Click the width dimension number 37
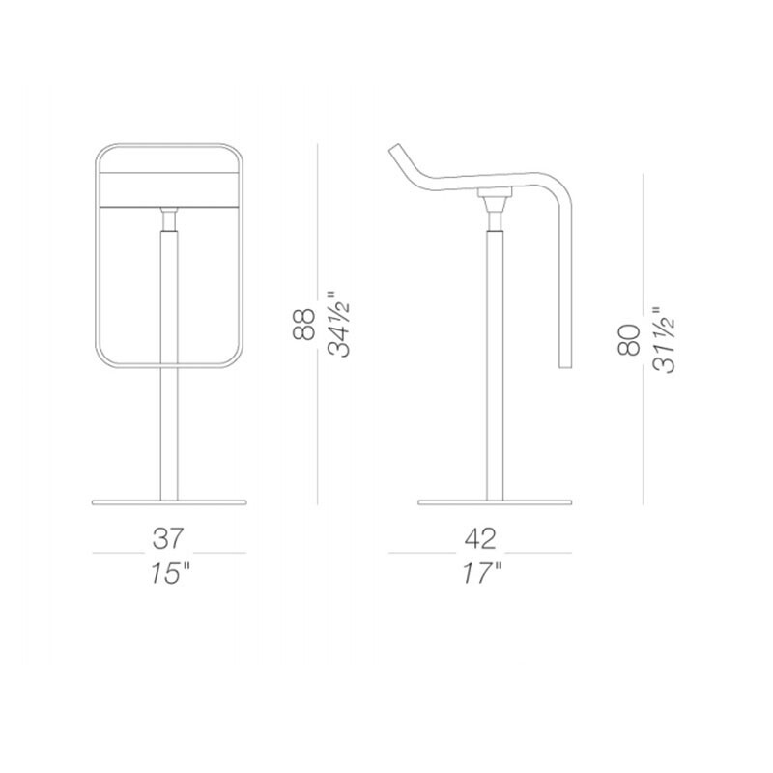point(169,537)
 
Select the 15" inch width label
point(169,572)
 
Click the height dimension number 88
point(302,325)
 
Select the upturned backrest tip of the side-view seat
point(395,153)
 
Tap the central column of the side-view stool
point(494,367)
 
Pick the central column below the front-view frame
point(169,435)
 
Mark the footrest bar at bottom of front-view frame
point(169,364)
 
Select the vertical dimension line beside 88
point(318,325)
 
